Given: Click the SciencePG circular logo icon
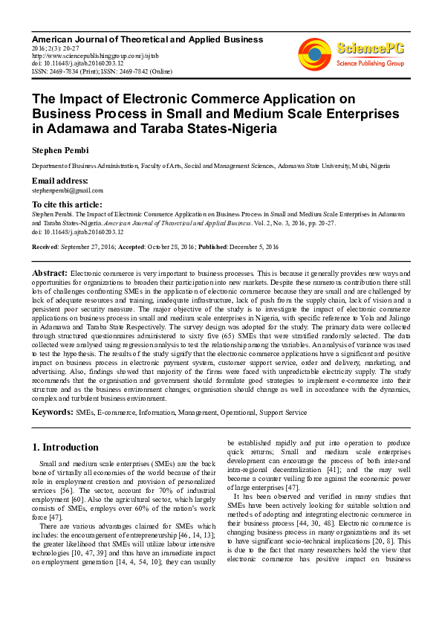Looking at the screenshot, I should (x=314, y=51).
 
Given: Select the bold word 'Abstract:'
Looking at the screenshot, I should (x=49, y=273).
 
